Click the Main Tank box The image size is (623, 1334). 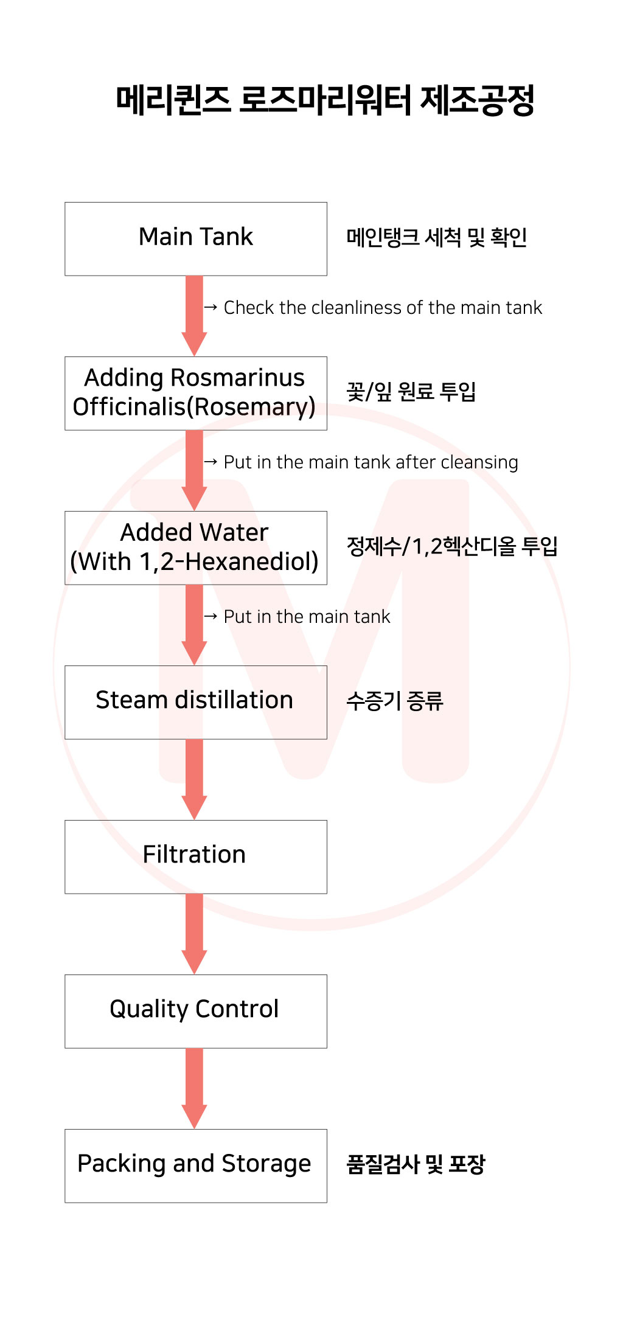point(195,238)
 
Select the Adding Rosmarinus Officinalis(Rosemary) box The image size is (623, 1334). point(195,393)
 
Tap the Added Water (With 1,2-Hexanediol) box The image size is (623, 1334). point(195,547)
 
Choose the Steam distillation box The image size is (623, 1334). point(195,702)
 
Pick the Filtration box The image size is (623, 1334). point(195,856)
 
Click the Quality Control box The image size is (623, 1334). point(195,1011)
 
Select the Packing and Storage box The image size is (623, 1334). point(195,1166)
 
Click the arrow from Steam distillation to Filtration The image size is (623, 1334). point(194,779)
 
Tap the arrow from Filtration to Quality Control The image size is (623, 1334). point(194,933)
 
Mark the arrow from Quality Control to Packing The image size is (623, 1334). point(194,1088)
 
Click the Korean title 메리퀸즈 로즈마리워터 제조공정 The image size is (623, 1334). point(325,100)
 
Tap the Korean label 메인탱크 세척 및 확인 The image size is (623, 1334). point(436,237)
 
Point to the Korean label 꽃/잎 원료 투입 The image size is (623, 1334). point(411,391)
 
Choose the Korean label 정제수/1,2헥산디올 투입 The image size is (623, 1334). point(451,546)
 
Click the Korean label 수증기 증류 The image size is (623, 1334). point(394,701)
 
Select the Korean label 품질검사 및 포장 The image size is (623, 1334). point(415,1164)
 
